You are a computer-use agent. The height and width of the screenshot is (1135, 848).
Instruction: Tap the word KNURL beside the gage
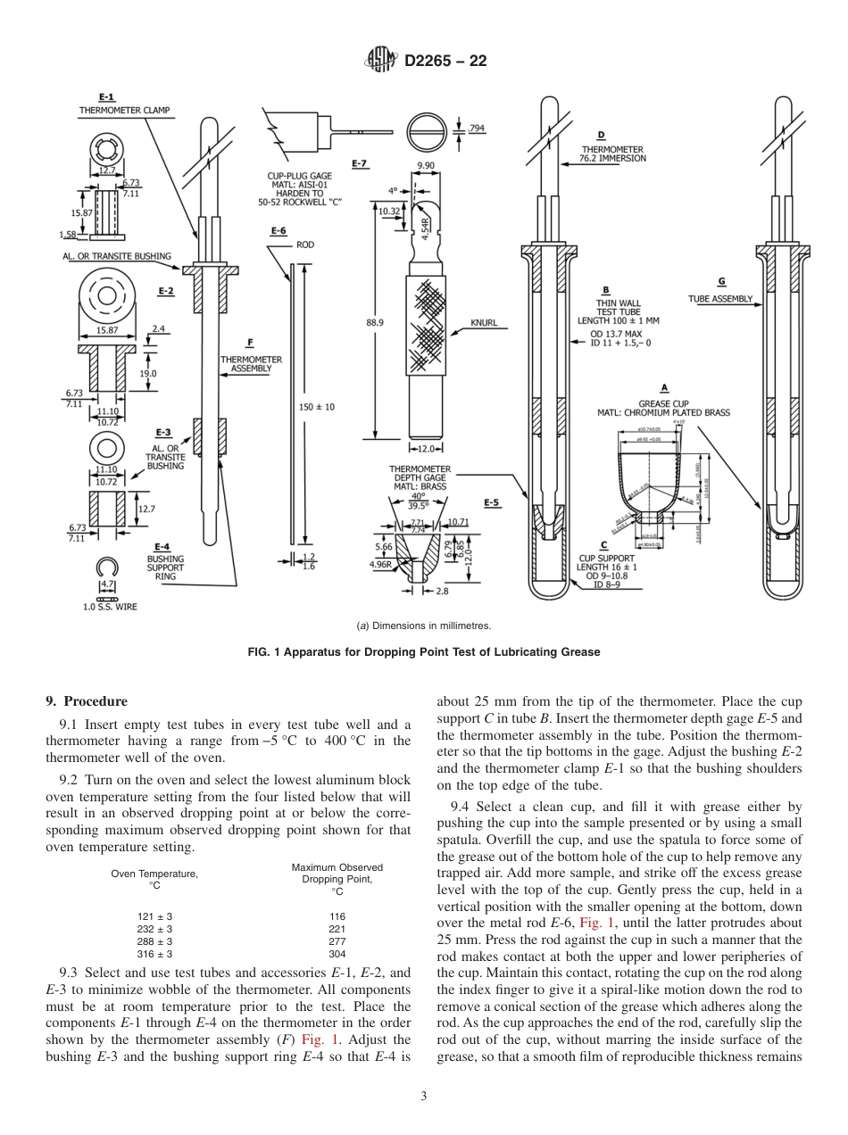click(x=484, y=323)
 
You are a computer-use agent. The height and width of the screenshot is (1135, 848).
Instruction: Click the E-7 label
click(x=360, y=164)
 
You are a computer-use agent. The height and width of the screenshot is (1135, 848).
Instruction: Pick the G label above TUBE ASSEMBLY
click(x=721, y=282)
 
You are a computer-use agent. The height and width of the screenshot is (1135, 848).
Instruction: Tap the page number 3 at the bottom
click(x=424, y=1097)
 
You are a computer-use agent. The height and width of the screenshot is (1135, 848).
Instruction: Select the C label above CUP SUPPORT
click(x=604, y=544)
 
